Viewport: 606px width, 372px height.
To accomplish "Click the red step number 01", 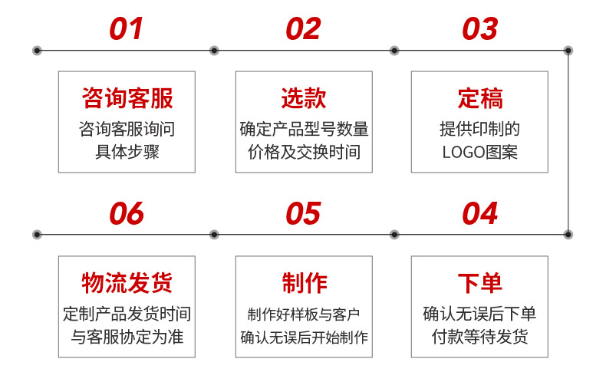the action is pyautogui.click(x=127, y=28).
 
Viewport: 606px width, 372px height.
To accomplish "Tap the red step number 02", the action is pyautogui.click(x=304, y=28).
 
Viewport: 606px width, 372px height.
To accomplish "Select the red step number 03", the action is pyautogui.click(x=480, y=28).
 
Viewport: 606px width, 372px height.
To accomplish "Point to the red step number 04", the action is pyautogui.click(x=480, y=213).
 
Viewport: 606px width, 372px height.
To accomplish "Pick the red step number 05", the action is pyautogui.click(x=304, y=213).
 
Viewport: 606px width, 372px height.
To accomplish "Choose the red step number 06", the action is pyautogui.click(x=127, y=213).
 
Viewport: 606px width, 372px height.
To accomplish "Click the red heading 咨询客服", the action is pyautogui.click(x=127, y=98).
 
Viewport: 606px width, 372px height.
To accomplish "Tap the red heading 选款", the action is pyautogui.click(x=304, y=98).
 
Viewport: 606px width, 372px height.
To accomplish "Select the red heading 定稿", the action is pyautogui.click(x=480, y=98).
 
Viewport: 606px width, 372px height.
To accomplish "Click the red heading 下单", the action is pyautogui.click(x=480, y=283).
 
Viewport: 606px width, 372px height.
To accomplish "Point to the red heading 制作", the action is pyautogui.click(x=305, y=283).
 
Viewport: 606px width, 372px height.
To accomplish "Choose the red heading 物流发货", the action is pyautogui.click(x=127, y=283).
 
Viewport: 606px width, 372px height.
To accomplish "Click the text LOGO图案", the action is pyautogui.click(x=479, y=152).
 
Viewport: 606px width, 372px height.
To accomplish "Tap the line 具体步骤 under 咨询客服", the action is pyautogui.click(x=127, y=152).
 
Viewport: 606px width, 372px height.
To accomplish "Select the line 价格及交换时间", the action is pyautogui.click(x=305, y=152).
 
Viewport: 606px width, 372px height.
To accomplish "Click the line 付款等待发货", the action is pyautogui.click(x=479, y=337).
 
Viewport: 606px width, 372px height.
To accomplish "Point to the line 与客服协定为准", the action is pyautogui.click(x=127, y=337).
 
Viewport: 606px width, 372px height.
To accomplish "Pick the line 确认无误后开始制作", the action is pyautogui.click(x=305, y=337).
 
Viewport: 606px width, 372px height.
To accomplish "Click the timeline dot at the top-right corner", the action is pyautogui.click(x=568, y=51).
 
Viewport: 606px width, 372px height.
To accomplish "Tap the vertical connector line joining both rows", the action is pyautogui.click(x=568, y=143).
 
